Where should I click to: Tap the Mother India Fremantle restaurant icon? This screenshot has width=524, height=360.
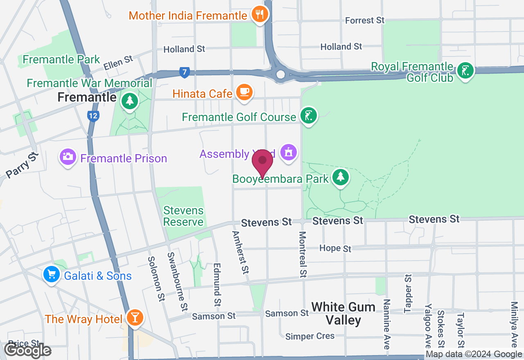(259, 15)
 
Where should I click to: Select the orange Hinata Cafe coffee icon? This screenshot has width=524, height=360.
(244, 92)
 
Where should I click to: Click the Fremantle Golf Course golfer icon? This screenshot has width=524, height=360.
(308, 116)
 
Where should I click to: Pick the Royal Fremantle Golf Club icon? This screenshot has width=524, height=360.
(465, 71)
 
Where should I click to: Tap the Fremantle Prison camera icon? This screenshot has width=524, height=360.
(68, 157)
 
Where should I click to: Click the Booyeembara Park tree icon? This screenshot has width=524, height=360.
(340, 178)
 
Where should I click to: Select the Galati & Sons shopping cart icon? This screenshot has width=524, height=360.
(52, 274)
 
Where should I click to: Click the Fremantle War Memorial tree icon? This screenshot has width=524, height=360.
(130, 101)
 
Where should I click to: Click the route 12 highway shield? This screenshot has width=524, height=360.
(93, 116)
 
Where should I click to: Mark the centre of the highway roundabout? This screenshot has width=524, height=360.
(280, 74)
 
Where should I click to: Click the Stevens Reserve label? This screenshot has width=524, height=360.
(183, 216)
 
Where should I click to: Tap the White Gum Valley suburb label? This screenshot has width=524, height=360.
(343, 313)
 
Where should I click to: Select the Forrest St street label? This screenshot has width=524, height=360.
(365, 20)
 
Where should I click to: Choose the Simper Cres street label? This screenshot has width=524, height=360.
(310, 336)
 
